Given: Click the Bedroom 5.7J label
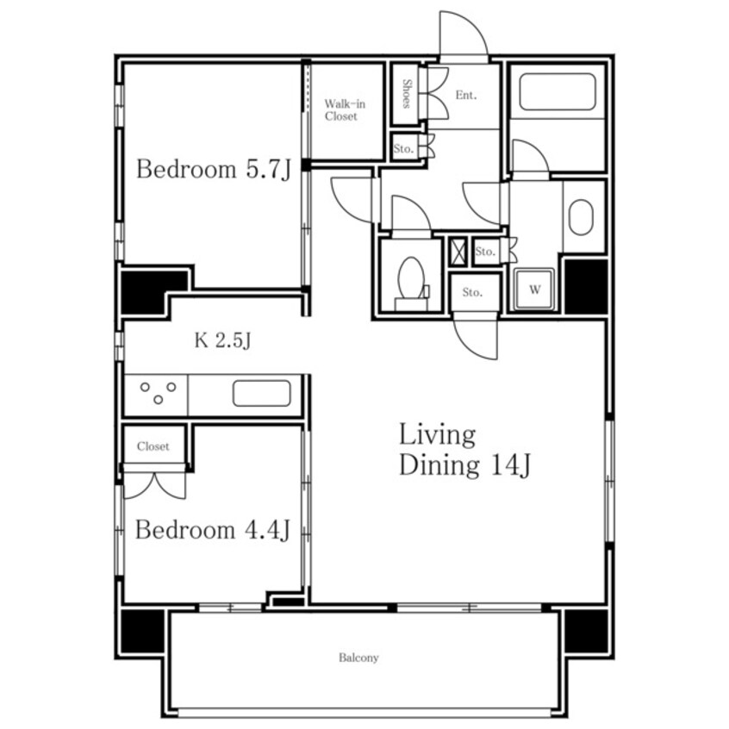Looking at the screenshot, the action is (x=214, y=169).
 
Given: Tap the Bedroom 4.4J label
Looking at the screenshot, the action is (x=213, y=530).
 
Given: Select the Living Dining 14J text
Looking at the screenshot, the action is (x=464, y=450).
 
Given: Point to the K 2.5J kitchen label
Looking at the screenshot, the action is (x=222, y=340).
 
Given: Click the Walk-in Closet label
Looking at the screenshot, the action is (x=345, y=110).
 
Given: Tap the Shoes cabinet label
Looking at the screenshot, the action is (x=407, y=94).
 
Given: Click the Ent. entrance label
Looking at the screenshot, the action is (x=466, y=96).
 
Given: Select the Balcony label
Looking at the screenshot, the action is (x=358, y=657).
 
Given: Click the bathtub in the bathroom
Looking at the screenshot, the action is (x=558, y=91).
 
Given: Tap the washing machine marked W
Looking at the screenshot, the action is (x=534, y=289).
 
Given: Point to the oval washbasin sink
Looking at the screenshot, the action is (x=581, y=217).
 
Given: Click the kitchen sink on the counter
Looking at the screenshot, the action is (x=262, y=393).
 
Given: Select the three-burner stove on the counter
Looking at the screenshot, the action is (x=158, y=393).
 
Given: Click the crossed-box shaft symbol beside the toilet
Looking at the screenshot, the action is (x=458, y=252).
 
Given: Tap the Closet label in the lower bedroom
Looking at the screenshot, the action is (x=153, y=446).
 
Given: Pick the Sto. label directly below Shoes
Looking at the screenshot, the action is (x=403, y=149).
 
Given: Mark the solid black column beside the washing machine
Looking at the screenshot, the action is (x=586, y=286).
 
